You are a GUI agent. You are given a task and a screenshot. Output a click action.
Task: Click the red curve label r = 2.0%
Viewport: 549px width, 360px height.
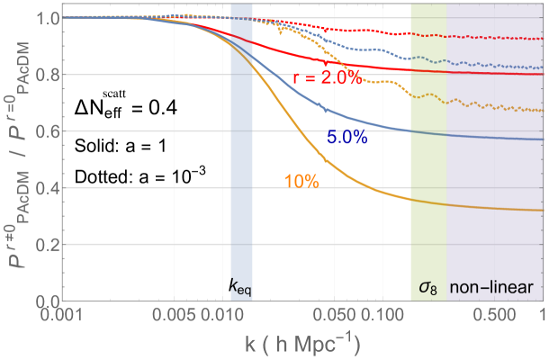327,79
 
